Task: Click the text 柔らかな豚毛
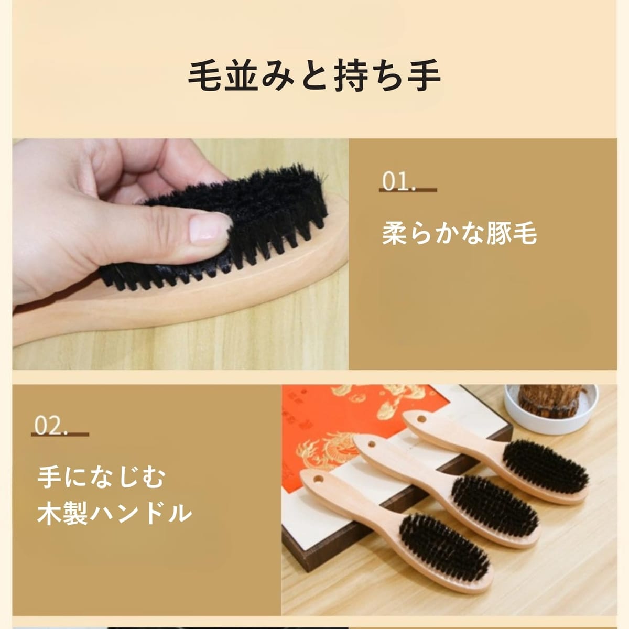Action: (x=459, y=234)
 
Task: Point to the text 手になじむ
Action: (x=101, y=477)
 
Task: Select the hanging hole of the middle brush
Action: (x=371, y=444)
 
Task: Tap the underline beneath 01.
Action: (x=408, y=190)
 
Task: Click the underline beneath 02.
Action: (x=60, y=435)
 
